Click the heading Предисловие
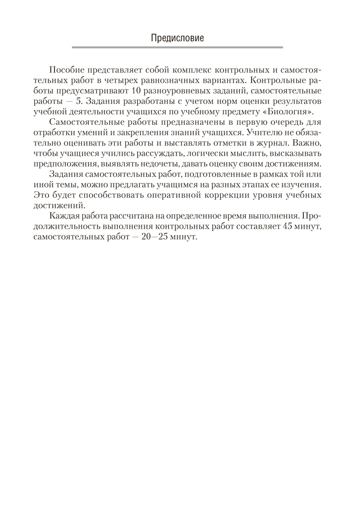click(x=178, y=38)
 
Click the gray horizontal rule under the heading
click(x=178, y=48)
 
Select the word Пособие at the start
click(x=65, y=70)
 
